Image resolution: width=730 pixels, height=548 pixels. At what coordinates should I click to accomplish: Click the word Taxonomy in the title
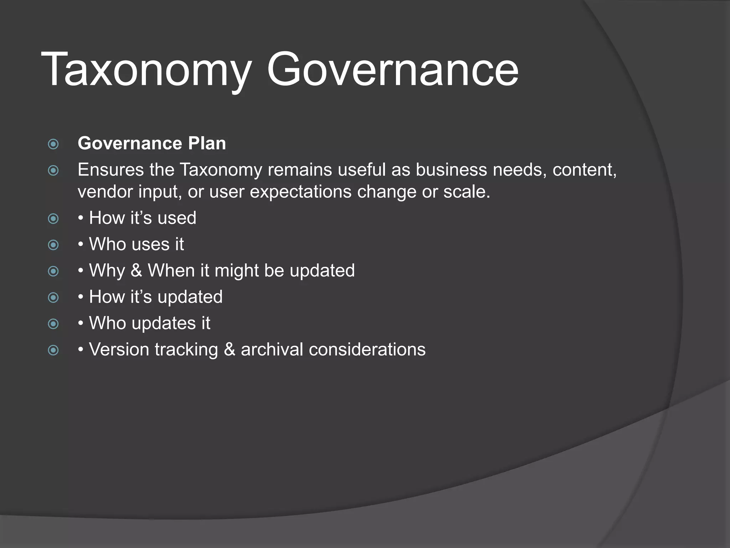click(146, 70)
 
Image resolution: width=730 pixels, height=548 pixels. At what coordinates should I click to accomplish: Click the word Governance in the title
click(392, 70)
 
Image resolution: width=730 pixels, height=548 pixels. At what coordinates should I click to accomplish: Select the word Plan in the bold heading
click(207, 143)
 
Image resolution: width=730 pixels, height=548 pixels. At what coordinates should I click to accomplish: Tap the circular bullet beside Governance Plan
click(53, 144)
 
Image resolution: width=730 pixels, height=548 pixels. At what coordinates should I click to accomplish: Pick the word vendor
click(105, 192)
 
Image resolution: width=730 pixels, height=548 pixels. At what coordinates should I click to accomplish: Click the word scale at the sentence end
click(465, 192)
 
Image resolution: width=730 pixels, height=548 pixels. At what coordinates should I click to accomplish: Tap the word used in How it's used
click(177, 218)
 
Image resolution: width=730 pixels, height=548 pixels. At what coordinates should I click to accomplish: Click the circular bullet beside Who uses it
click(53, 245)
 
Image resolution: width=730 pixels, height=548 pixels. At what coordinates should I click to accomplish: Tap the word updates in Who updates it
click(164, 323)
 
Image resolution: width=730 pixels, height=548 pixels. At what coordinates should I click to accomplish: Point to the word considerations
click(367, 349)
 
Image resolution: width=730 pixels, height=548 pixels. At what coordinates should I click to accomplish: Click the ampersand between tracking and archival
click(229, 349)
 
